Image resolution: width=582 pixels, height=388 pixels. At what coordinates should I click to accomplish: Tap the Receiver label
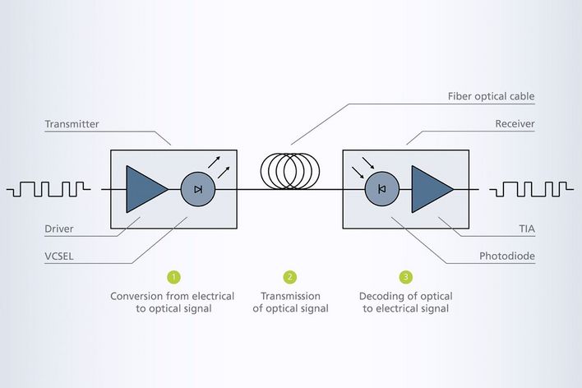(x=515, y=124)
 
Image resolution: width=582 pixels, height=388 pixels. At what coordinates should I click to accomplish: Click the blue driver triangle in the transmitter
(x=144, y=189)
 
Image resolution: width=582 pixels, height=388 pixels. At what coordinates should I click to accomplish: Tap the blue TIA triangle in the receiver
(x=429, y=189)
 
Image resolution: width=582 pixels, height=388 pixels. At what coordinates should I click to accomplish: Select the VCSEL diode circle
(x=197, y=189)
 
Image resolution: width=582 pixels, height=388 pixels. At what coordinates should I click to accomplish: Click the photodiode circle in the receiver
(x=381, y=189)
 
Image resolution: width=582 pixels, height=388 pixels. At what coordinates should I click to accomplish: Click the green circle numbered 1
(x=173, y=277)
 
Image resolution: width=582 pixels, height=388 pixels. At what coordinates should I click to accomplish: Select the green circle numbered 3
(x=405, y=277)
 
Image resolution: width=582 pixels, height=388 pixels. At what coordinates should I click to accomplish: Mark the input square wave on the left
(x=48, y=190)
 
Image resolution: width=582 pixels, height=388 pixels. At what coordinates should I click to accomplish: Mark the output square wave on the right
(x=531, y=190)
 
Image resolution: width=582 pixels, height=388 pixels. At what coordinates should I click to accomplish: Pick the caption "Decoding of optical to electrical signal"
(x=406, y=302)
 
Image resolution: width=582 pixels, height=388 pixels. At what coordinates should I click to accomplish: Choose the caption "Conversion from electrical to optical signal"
(x=173, y=302)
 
